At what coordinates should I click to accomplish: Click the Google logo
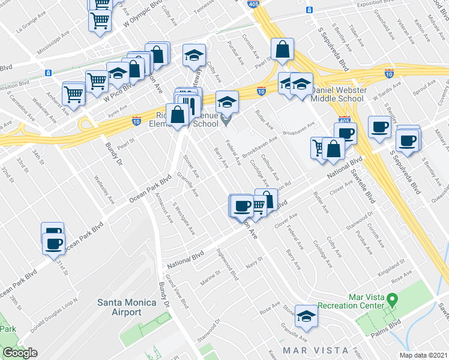20,353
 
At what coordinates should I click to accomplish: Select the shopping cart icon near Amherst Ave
73,94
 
